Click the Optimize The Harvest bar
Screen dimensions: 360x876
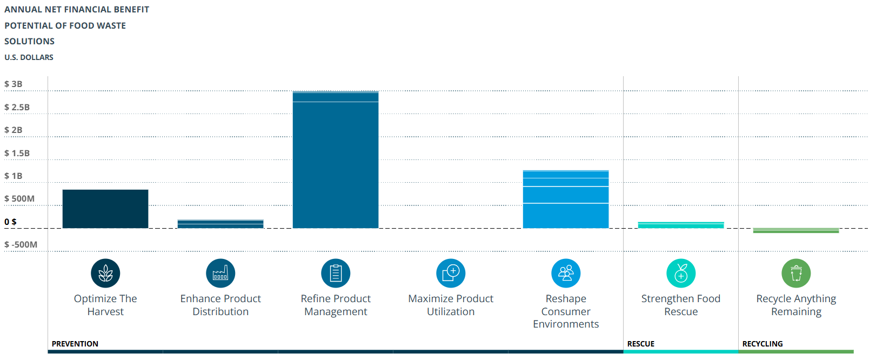(x=105, y=209)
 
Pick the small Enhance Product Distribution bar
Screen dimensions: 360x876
(x=220, y=224)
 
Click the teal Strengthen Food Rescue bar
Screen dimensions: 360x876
(x=681, y=225)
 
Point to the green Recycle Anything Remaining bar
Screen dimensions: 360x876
(x=796, y=231)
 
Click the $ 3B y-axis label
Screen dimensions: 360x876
(x=14, y=84)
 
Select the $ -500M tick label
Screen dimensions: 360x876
(x=21, y=245)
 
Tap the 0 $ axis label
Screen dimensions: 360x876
(x=11, y=222)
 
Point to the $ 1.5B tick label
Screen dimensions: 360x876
(x=17, y=154)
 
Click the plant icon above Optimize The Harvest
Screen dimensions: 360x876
(x=105, y=274)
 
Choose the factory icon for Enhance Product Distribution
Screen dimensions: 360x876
(x=220, y=274)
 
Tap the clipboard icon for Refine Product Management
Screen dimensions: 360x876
(x=336, y=274)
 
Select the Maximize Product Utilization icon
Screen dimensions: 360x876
(x=451, y=274)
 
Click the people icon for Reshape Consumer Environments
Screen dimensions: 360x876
(x=566, y=274)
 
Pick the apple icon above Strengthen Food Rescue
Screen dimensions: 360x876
(x=681, y=274)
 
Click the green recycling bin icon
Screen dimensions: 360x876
(x=796, y=274)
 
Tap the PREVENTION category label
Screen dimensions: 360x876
(x=75, y=344)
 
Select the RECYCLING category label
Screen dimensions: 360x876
(x=763, y=344)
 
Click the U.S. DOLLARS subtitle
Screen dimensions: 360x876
(x=29, y=57)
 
